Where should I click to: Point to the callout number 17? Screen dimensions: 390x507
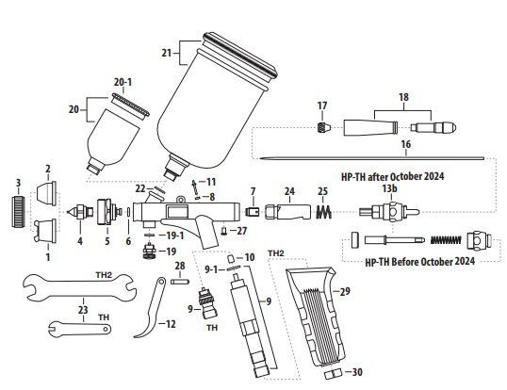pos(321,105)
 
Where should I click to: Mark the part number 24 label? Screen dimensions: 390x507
pos(289,191)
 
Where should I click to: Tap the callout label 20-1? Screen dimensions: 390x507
pos(123,82)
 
